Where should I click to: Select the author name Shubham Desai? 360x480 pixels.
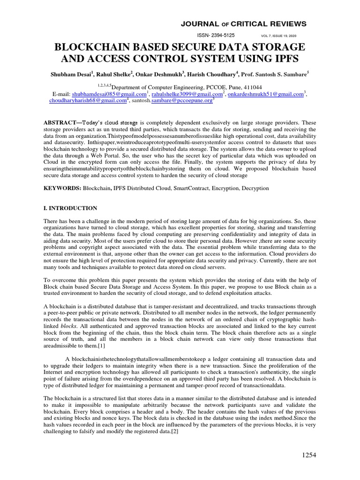click(71, 74)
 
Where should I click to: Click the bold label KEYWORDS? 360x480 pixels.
click(62, 188)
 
